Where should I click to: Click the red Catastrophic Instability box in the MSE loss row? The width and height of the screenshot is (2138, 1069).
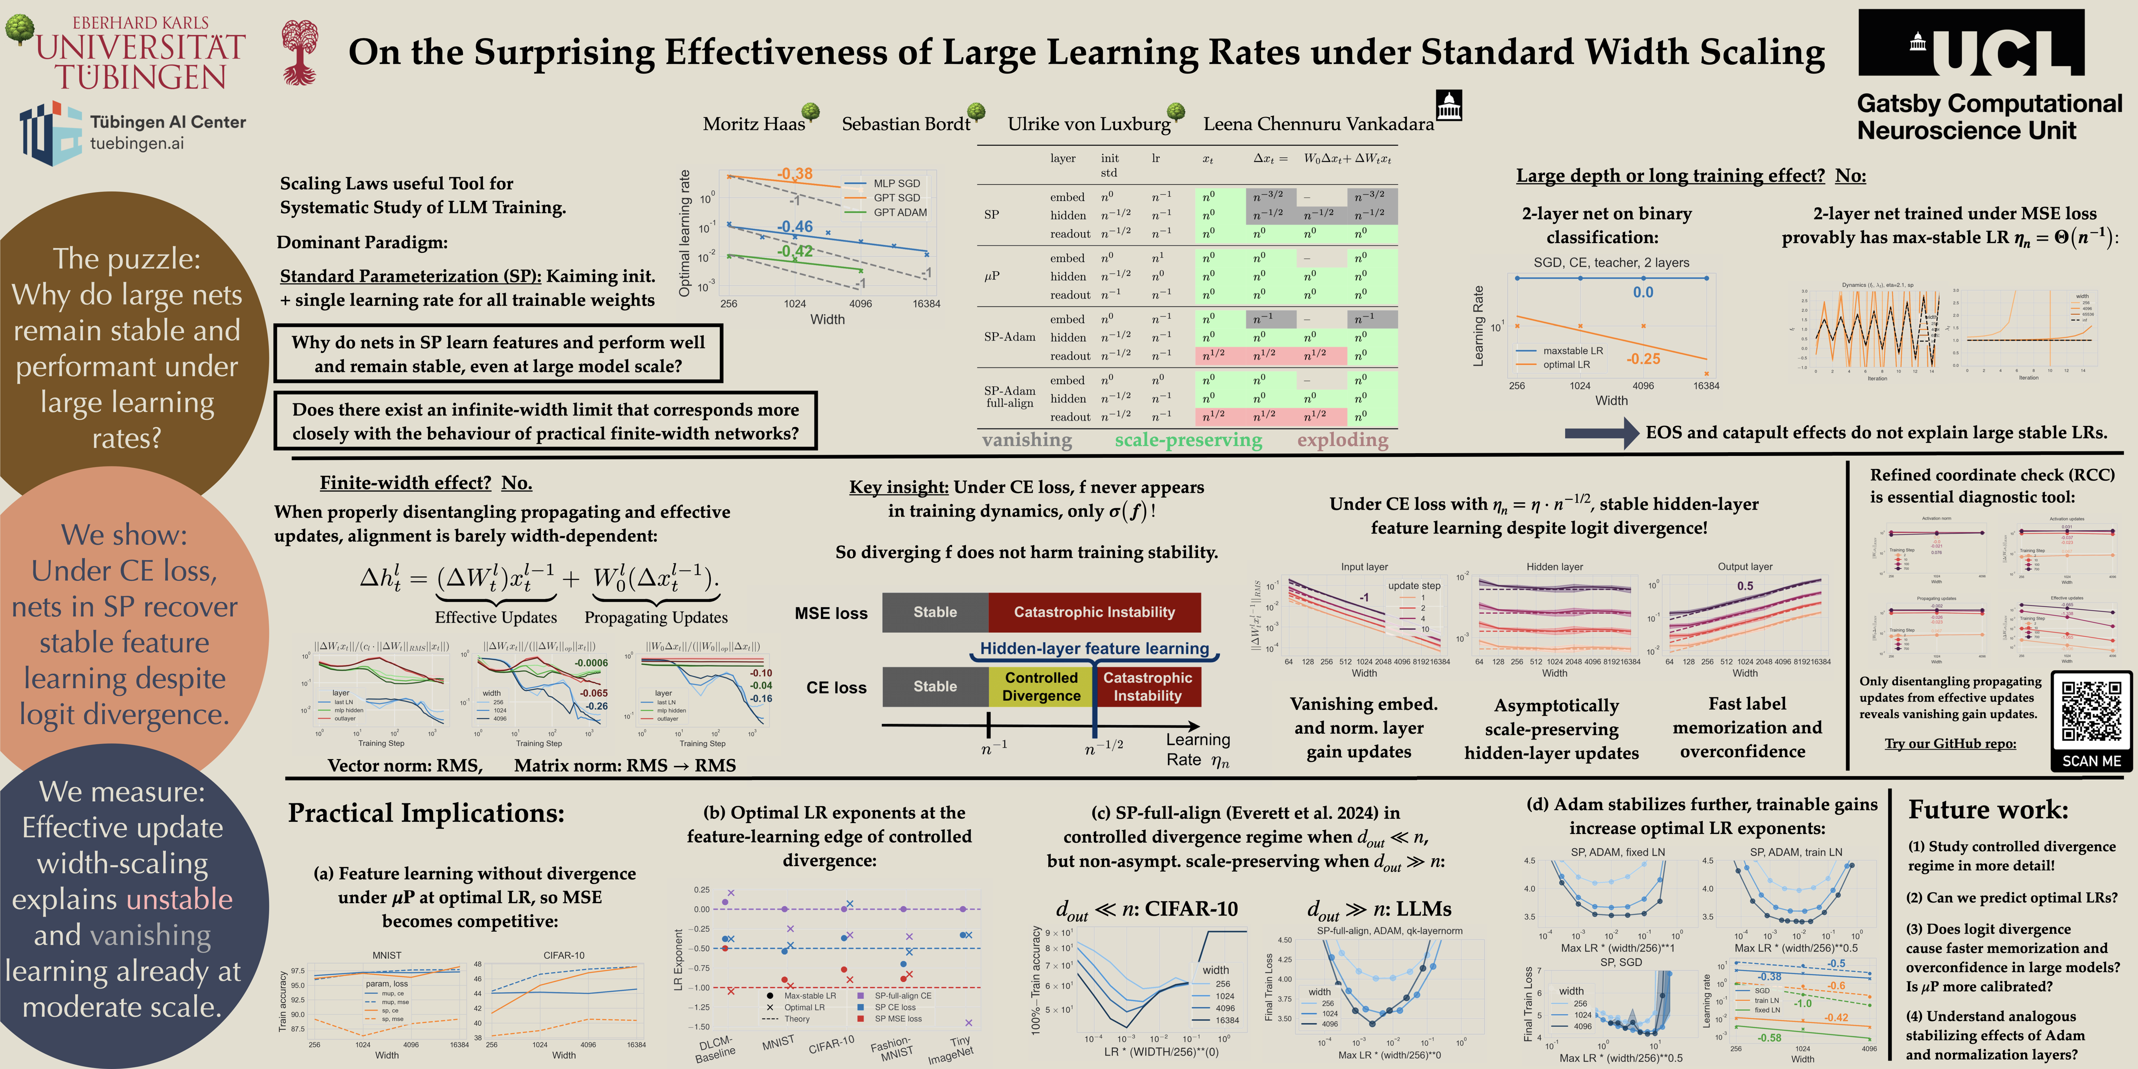coord(1094,613)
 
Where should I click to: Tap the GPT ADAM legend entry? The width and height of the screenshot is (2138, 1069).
coord(900,213)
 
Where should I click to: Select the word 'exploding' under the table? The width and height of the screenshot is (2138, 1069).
coord(1342,440)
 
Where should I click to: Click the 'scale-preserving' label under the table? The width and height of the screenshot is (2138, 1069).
coord(1188,440)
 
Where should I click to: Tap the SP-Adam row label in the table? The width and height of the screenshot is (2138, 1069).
coord(1009,337)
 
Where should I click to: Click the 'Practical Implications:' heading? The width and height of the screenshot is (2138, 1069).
coord(426,813)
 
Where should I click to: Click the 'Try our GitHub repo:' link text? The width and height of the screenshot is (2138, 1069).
coord(1950,744)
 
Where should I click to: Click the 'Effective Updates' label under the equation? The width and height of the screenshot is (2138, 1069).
coord(496,618)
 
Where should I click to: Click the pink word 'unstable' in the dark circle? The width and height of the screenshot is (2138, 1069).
coord(179,899)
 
